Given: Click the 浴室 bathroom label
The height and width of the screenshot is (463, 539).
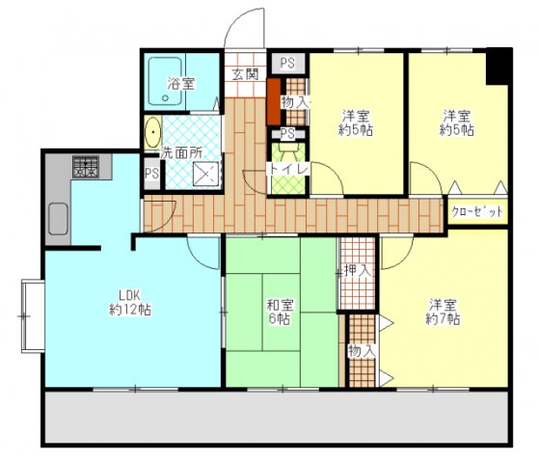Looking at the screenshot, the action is coord(181,84).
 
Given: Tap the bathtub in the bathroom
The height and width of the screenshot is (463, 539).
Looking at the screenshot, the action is coord(165,81).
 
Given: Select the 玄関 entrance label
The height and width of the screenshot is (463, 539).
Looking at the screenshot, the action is coord(245,74).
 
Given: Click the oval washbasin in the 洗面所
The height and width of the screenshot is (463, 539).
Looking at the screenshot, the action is coord(152,132).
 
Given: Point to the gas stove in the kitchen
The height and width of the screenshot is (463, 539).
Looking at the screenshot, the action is coord(86,167).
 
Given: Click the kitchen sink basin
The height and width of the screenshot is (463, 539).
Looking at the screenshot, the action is coord(58,219).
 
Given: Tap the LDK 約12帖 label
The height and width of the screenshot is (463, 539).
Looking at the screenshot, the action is coord(130,302).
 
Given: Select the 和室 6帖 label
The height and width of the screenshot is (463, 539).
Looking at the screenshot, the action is coord(281,312).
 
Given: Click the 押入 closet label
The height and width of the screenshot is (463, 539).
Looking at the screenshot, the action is coord(358,271).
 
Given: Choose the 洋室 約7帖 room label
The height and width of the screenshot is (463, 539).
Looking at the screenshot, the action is coord(443,312).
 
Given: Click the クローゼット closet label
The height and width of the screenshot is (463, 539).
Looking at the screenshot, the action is coord(477,211).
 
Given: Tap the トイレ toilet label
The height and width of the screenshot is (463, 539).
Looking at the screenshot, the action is coord(288,169).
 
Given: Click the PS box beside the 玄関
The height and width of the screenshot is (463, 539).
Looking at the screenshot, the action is coord(287,63).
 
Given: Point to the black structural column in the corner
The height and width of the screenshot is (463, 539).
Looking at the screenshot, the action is coord(499,67).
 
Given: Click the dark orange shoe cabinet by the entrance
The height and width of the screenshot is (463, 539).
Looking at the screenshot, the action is coord(274,102).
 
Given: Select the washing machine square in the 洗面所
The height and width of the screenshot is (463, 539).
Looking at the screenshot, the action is coord(206,174).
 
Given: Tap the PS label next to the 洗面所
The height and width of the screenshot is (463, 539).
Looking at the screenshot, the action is coord(151,174).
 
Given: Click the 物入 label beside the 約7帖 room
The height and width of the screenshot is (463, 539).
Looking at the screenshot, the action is coord(362,351).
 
